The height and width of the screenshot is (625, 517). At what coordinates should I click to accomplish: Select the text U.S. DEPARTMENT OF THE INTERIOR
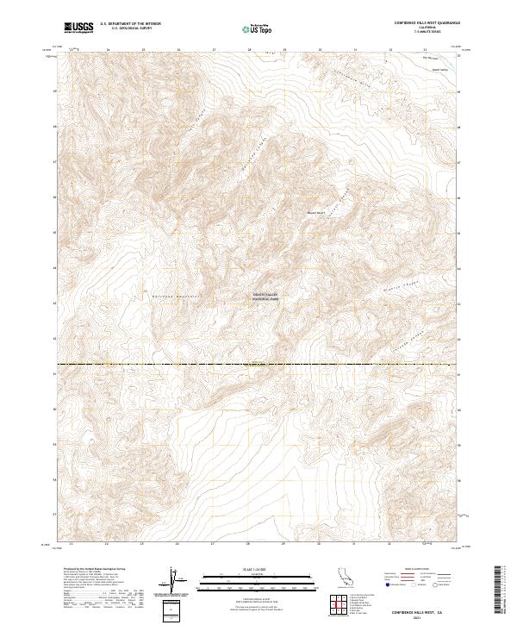(x=130, y=23)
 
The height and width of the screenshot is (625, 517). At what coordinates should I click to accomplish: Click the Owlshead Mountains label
(x=177, y=298)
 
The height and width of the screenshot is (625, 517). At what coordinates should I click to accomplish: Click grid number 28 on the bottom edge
(x=248, y=544)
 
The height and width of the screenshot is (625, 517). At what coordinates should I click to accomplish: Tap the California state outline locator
(x=340, y=580)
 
